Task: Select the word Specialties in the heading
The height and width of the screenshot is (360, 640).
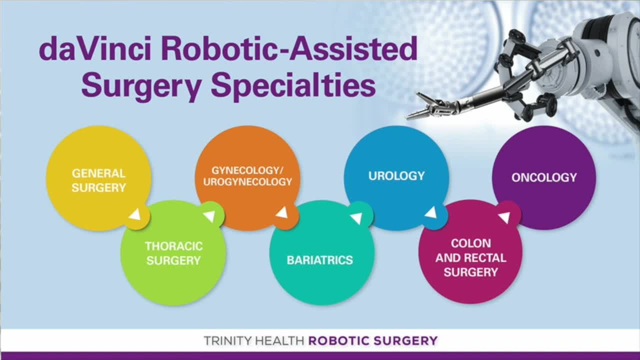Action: [293, 85]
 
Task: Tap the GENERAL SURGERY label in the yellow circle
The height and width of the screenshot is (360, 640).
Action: [98, 180]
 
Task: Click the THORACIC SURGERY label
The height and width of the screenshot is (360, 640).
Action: [173, 253]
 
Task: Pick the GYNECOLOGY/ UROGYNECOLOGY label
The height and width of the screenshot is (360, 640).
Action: [247, 176]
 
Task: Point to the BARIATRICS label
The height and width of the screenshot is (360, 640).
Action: [319, 260]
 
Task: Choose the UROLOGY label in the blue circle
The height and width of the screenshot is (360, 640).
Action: [396, 176]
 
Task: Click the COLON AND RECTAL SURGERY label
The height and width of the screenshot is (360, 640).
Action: [471, 257]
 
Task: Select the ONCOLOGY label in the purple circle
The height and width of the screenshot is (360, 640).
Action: [544, 177]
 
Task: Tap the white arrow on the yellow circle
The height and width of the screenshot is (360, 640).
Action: [135, 214]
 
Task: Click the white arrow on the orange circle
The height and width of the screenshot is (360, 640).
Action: [282, 213]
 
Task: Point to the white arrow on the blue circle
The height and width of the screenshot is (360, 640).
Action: [431, 212]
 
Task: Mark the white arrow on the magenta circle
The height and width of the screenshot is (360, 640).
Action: [505, 217]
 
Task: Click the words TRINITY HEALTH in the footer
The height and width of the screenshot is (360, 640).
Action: [253, 341]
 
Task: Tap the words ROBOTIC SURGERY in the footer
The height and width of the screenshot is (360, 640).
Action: [373, 341]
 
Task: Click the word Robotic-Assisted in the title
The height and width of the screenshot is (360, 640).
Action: [289, 49]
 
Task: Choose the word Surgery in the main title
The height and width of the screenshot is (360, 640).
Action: [142, 85]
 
